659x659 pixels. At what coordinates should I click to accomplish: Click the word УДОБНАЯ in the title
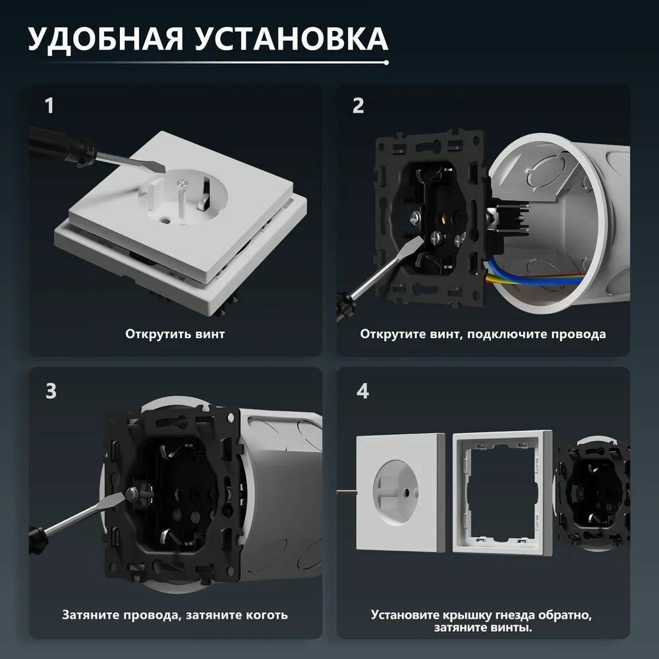105,40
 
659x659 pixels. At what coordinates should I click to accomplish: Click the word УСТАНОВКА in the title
292,39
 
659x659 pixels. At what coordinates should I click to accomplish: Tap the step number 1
49,105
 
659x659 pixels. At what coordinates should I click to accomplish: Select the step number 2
358,105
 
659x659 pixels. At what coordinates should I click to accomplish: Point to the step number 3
51,391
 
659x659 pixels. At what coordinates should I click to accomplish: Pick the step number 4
362,391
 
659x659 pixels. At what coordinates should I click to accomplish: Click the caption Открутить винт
175,334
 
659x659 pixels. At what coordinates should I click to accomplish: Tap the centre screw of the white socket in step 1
182,183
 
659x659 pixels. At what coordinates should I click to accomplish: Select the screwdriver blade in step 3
84,514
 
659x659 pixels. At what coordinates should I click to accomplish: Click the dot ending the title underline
386,63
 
